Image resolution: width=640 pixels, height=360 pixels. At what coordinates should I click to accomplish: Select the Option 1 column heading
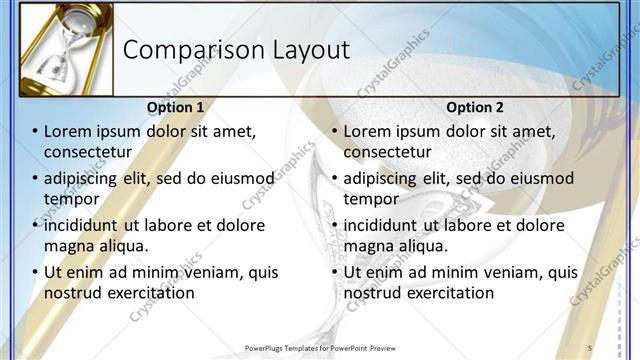tap(175, 107)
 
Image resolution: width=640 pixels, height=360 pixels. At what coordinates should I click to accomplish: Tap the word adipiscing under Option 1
tap(87, 178)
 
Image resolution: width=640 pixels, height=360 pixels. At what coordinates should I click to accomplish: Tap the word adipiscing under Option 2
tap(386, 178)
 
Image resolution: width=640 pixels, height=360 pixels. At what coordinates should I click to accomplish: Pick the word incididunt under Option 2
tap(386, 225)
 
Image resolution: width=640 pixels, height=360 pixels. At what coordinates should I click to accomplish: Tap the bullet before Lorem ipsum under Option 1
tap(35, 132)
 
